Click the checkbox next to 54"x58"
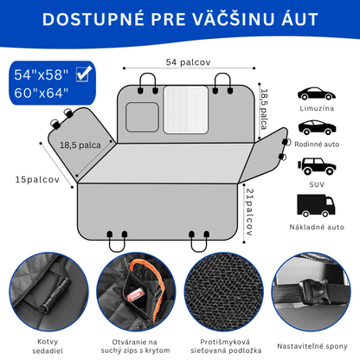click(84, 74)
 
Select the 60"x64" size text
click(42, 93)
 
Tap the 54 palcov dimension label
click(188, 62)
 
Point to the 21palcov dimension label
click(249, 212)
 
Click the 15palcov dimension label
click(37, 179)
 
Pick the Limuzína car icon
click(317, 93)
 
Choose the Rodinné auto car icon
click(317, 127)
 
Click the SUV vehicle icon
click(317, 166)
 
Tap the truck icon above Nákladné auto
click(316, 205)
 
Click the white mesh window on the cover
click(186, 110)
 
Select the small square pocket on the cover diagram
click(142, 117)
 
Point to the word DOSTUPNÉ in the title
click(93, 19)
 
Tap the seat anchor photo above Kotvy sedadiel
click(48, 292)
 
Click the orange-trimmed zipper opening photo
click(136, 292)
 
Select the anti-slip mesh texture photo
click(224, 292)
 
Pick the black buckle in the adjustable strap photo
click(313, 292)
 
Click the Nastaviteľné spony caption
click(312, 346)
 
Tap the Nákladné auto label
click(317, 227)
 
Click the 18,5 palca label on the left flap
click(80, 145)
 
